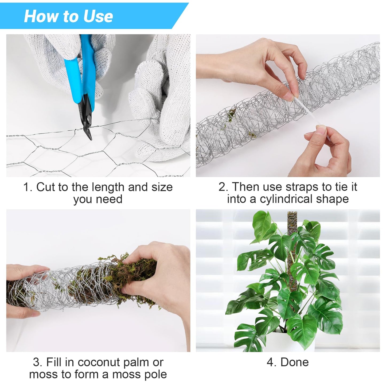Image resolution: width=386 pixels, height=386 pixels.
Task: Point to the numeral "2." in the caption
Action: point(223,187)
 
